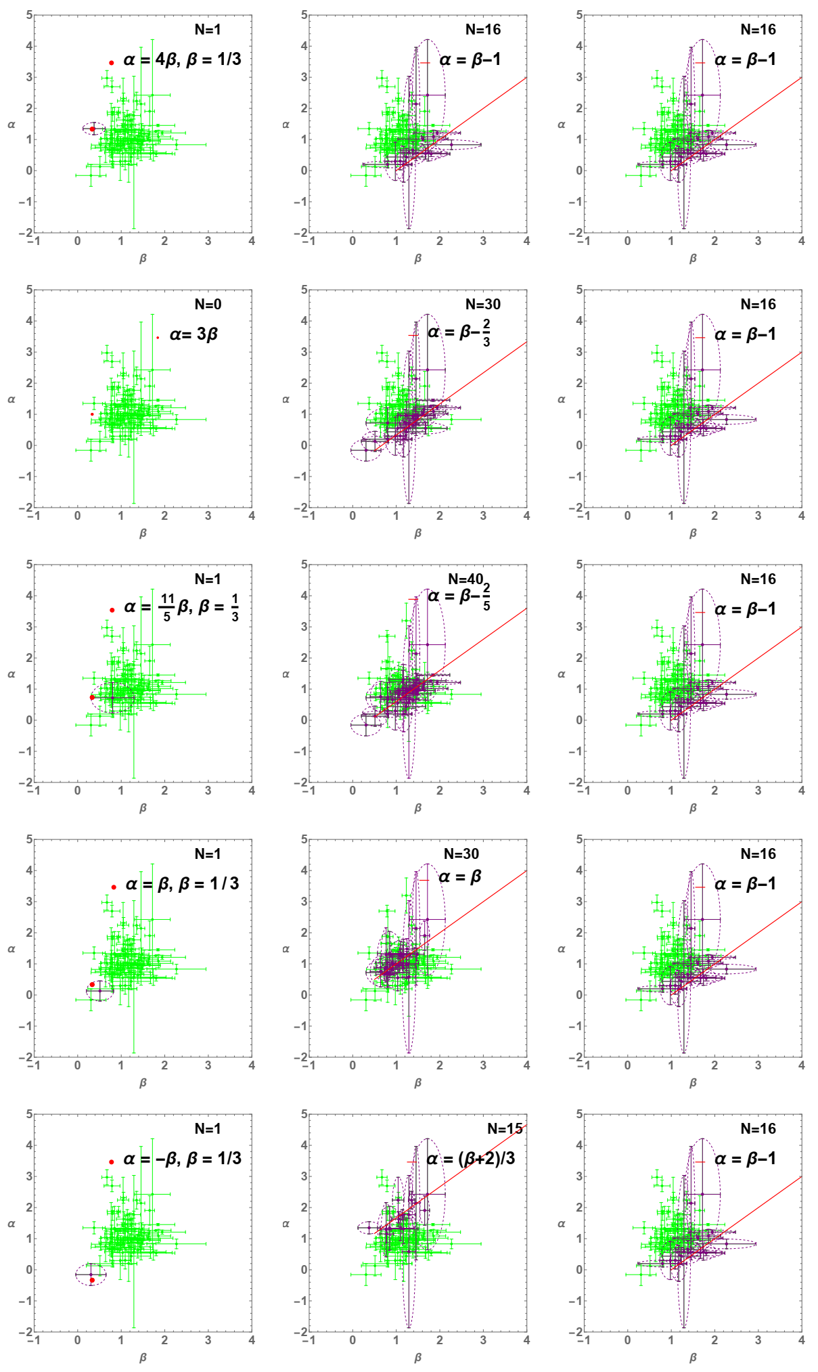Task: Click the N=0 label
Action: tap(208, 305)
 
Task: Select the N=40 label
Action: tap(465, 579)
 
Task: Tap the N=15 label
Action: tap(505, 1129)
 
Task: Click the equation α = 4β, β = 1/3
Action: tap(182, 60)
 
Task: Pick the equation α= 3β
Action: tap(194, 334)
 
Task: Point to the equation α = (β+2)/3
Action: tap(470, 1159)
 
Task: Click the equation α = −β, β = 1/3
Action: tap(182, 1159)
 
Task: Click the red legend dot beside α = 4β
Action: tap(112, 63)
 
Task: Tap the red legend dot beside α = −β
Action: tap(112, 1162)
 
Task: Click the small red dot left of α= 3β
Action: tap(158, 337)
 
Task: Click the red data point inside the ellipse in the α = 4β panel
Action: tap(93, 129)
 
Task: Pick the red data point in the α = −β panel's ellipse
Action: tap(92, 1280)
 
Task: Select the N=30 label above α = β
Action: tap(461, 854)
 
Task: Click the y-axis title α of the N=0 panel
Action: tap(11, 399)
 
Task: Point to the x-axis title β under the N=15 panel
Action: tap(417, 1357)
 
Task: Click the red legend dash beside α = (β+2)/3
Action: tap(411, 1162)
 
